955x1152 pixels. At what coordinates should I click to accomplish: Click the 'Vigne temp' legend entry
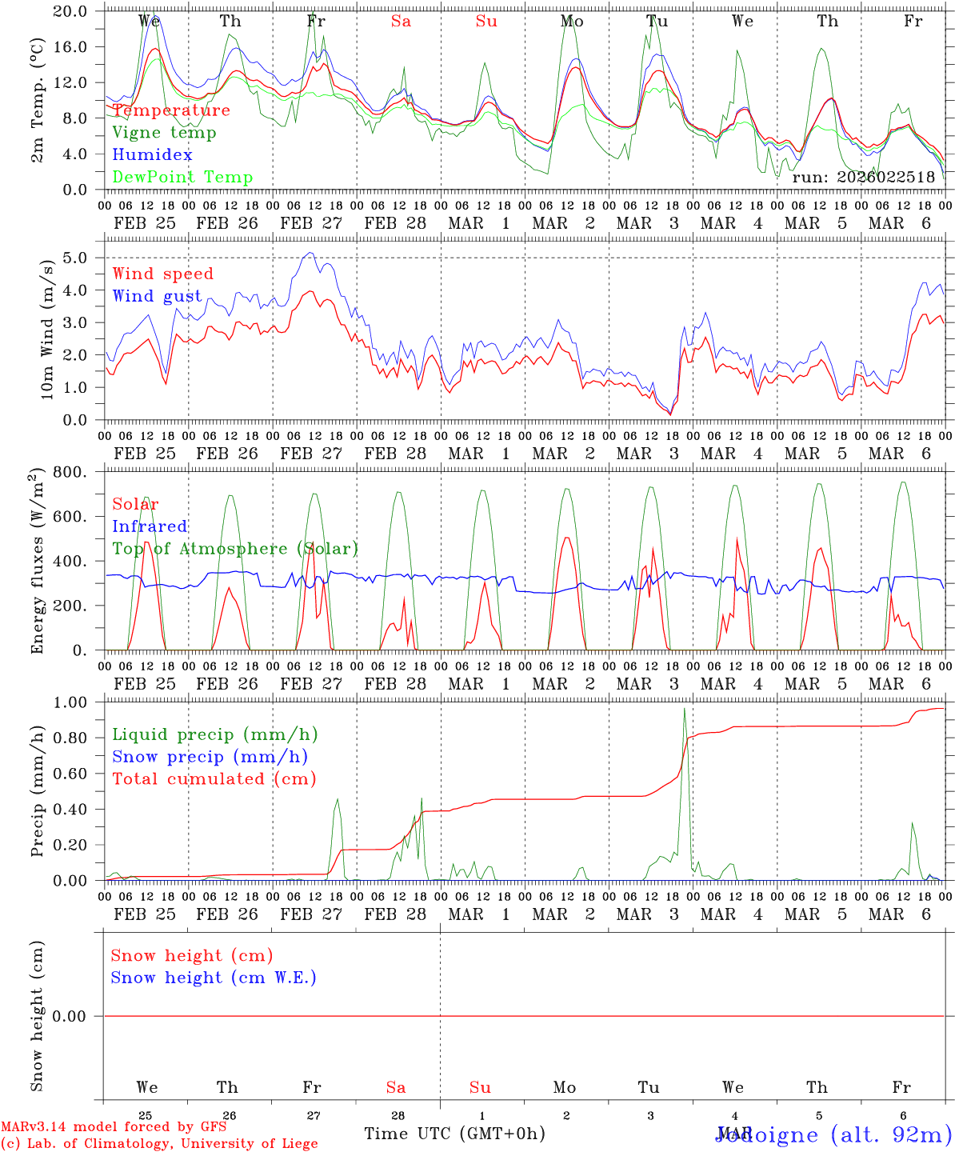coord(164,133)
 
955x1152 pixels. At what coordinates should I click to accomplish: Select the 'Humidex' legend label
coord(152,155)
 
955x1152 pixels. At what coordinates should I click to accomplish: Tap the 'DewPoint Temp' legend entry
coord(182,178)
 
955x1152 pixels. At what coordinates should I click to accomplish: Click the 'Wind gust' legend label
coord(157,296)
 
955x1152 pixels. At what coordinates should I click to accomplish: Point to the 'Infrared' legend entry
coord(150,526)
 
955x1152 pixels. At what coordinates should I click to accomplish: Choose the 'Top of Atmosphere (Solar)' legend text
coord(234,549)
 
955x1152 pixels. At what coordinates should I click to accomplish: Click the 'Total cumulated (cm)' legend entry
coord(214,779)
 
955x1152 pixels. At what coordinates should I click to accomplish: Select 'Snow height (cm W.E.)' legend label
coord(214,978)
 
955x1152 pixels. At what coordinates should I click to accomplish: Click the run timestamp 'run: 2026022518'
coord(863,178)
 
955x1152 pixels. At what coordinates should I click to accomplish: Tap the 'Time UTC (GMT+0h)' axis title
coord(454,1134)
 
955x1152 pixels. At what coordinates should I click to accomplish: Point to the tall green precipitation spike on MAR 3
coord(684,710)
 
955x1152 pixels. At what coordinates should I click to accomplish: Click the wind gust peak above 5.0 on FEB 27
coord(310,254)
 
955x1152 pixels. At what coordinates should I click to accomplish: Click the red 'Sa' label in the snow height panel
coord(396,1088)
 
